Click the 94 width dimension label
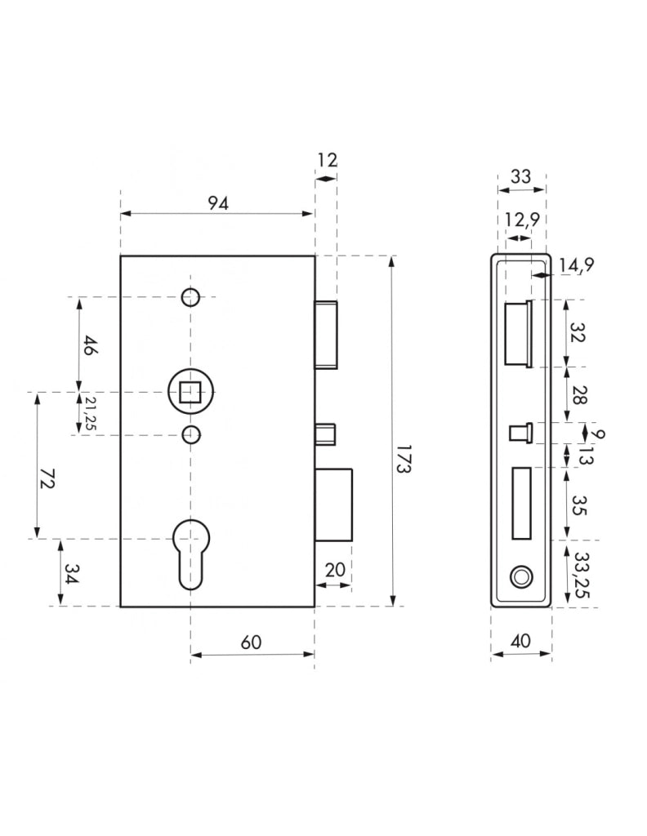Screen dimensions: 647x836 [218, 203]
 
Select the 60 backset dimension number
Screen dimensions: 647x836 [251, 642]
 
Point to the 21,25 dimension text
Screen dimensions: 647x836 [90, 413]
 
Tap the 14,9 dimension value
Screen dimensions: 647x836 [576, 265]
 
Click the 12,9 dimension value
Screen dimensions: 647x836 [522, 219]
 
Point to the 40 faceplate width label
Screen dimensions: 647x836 [520, 640]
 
